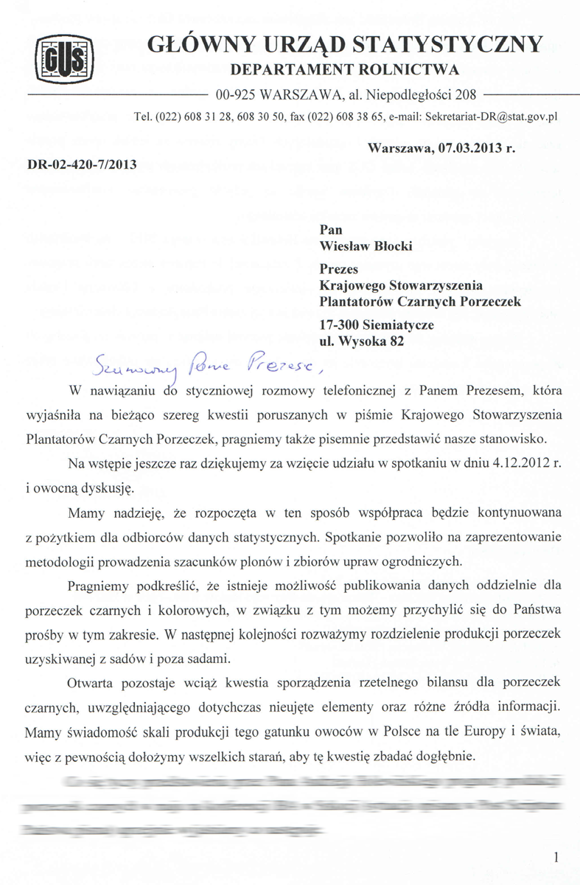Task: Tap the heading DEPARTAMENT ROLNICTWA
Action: [x=345, y=70]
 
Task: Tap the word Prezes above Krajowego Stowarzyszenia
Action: [x=338, y=270]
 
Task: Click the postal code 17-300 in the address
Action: [x=340, y=325]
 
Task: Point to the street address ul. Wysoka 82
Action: [x=362, y=341]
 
